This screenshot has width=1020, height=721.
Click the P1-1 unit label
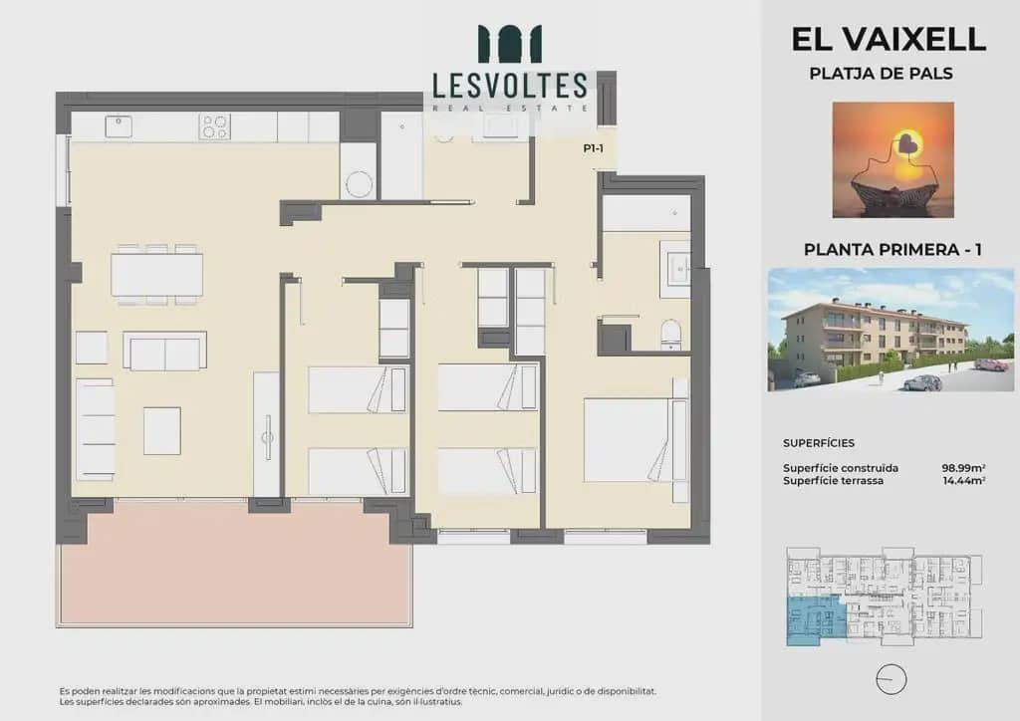click(x=594, y=149)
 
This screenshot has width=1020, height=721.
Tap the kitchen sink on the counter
click(x=119, y=126)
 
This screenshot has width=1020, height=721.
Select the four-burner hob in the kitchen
click(x=215, y=126)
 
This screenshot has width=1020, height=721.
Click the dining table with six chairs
click(x=156, y=274)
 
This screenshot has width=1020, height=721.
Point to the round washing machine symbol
click(x=359, y=184)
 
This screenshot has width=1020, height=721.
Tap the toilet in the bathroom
click(x=670, y=335)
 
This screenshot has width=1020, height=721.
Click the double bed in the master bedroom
click(x=636, y=440)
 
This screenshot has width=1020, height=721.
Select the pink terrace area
click(x=235, y=562)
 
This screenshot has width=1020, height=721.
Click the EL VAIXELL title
click(x=889, y=40)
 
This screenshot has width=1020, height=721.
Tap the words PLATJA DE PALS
click(x=881, y=74)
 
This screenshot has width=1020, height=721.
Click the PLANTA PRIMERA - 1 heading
click(x=892, y=250)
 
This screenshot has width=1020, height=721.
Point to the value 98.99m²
click(x=963, y=468)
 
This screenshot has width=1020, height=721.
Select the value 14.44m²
click(x=964, y=481)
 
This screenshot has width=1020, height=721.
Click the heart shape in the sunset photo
click(x=904, y=143)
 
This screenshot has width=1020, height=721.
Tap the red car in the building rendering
click(x=991, y=364)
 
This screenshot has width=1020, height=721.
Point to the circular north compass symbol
click(x=892, y=680)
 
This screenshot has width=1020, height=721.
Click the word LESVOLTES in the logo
click(x=510, y=86)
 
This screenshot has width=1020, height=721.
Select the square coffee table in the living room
click(x=162, y=431)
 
